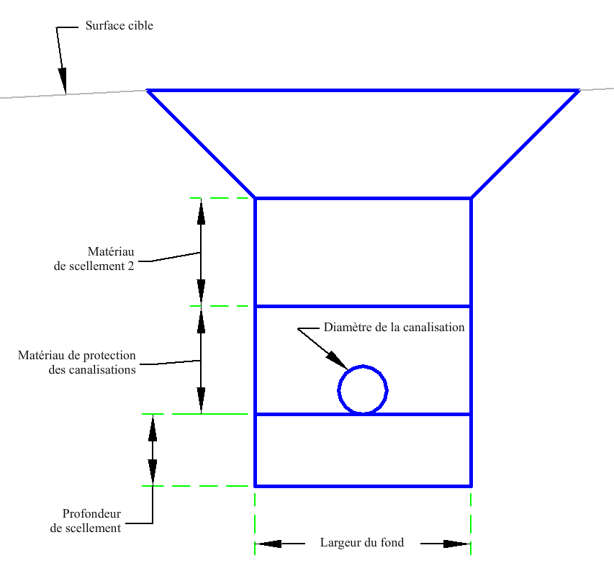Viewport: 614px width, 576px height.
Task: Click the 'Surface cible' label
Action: pos(119,25)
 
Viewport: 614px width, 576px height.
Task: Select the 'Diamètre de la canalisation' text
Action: pos(394,328)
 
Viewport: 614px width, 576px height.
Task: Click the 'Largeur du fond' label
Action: pos(362,543)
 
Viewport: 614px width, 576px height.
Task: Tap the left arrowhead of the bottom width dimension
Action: pos(268,544)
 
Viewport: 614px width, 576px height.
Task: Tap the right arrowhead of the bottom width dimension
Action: pos(457,544)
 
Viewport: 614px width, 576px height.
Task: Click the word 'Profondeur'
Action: pos(91,513)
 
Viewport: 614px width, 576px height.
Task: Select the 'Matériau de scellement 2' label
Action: pos(94,258)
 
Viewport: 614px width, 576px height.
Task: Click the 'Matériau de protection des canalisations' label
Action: pos(77,362)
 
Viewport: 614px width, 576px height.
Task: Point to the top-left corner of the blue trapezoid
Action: pos(148,91)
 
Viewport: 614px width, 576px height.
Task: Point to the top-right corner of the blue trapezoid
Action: pos(579,91)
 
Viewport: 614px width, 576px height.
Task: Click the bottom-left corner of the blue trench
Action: pos(255,486)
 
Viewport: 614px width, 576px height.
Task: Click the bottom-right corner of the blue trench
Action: pos(471,486)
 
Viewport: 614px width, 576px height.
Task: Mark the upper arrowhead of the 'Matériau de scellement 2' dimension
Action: pos(201,212)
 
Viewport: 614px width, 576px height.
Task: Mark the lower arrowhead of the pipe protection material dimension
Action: pos(201,400)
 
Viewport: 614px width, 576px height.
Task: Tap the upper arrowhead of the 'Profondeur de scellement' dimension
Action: pos(153,428)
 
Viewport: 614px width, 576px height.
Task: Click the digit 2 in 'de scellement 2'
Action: pos(130,266)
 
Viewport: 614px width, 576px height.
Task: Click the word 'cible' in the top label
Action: pos(139,25)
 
